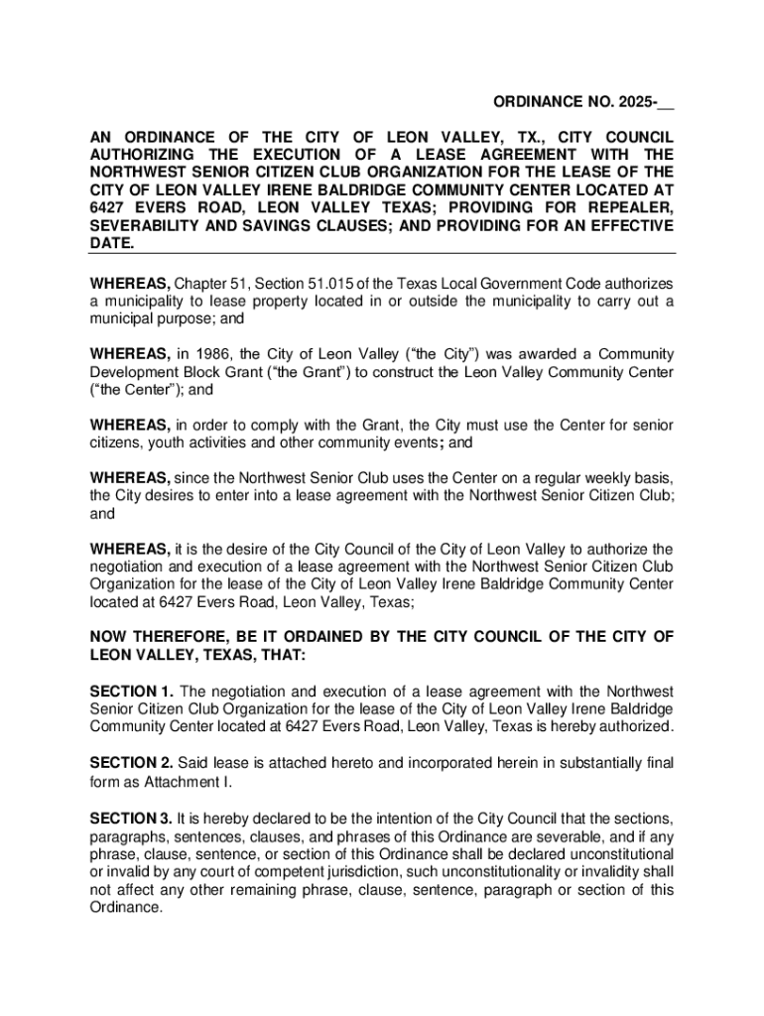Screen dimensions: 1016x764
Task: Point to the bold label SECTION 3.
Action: pos(131,818)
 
